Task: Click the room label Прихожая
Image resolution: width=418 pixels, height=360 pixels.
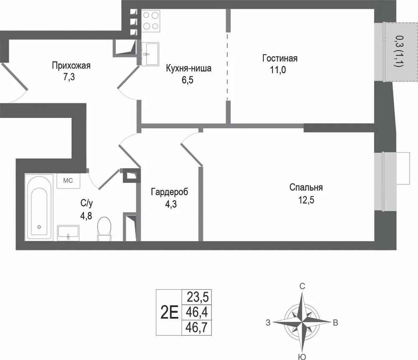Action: [x=71, y=66]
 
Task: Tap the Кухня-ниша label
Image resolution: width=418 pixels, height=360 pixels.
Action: [x=189, y=68]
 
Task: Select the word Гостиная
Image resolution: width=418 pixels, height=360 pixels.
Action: [x=280, y=58]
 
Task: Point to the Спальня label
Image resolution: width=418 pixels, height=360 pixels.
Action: [x=306, y=187]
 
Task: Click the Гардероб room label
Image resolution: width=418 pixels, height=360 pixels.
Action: [x=170, y=192]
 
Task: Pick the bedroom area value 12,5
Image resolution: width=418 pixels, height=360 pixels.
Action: [x=306, y=200]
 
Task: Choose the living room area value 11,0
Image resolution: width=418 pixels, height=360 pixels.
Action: [x=278, y=70]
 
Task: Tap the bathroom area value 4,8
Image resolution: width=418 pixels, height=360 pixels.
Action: [x=86, y=215]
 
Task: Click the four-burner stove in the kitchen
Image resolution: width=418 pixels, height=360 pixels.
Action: [x=150, y=21]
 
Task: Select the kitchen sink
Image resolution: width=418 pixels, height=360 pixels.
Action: [x=150, y=54]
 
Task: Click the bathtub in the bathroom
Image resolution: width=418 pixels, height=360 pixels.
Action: [x=39, y=207]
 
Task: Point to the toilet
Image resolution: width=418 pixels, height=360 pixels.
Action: [x=104, y=229]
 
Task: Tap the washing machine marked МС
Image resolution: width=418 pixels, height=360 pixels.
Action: [x=68, y=181]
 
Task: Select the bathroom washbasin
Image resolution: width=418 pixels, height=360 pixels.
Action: [x=68, y=233]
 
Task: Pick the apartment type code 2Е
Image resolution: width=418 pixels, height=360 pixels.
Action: [x=169, y=312]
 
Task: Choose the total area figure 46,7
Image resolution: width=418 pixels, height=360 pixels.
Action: [x=196, y=327]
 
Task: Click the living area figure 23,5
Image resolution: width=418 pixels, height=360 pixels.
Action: [x=198, y=297]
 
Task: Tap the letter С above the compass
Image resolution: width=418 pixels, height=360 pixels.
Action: [x=302, y=286]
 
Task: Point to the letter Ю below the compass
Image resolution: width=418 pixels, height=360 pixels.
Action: [x=302, y=357]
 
